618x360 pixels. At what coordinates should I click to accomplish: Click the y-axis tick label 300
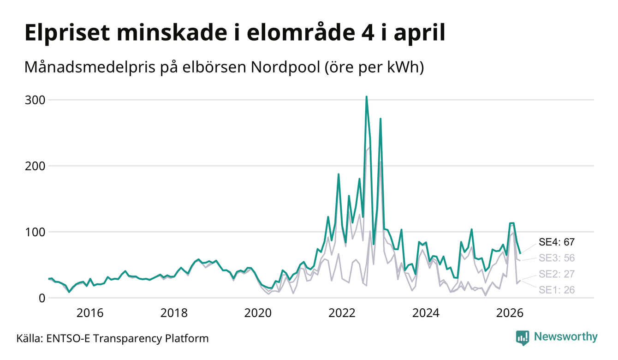click(x=35, y=100)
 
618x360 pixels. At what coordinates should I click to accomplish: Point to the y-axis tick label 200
click(x=35, y=166)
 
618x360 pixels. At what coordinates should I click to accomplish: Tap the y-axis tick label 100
click(x=35, y=232)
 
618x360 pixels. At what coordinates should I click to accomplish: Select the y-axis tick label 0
click(x=42, y=298)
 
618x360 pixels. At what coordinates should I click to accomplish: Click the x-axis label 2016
click(x=90, y=313)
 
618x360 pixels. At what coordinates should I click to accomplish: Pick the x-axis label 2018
click(x=174, y=313)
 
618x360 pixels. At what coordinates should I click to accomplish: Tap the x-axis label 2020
click(x=258, y=313)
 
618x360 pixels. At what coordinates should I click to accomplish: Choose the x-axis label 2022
click(x=342, y=313)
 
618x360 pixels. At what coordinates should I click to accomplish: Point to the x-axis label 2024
click(x=426, y=313)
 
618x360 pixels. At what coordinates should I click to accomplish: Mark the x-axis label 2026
click(x=510, y=313)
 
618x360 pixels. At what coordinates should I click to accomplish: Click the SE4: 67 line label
click(x=557, y=242)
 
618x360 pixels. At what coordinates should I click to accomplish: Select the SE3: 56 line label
click(x=557, y=258)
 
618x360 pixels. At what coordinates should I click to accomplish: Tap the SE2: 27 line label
click(x=557, y=274)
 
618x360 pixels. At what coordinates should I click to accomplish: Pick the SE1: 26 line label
click(x=557, y=290)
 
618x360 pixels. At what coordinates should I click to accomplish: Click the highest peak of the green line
click(x=366, y=97)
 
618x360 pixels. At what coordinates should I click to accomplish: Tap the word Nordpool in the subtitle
click(x=285, y=67)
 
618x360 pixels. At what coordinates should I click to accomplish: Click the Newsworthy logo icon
click(x=523, y=338)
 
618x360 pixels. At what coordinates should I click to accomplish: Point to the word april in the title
click(x=420, y=33)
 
